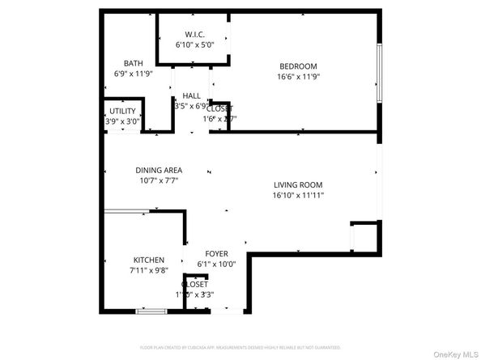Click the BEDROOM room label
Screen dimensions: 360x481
click(x=298, y=66)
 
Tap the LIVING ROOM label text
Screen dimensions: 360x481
click(x=298, y=184)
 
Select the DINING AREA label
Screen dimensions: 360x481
click(x=159, y=170)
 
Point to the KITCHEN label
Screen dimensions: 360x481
click(x=149, y=260)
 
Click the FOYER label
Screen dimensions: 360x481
click(x=216, y=253)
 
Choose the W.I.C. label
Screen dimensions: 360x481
click(x=194, y=34)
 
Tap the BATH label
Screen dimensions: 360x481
click(x=134, y=63)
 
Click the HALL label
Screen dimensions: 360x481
click(x=192, y=95)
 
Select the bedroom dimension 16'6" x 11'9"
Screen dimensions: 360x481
click(x=298, y=78)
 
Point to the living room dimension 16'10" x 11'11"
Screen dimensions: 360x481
click(x=298, y=195)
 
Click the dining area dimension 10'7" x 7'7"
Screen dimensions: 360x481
click(x=159, y=181)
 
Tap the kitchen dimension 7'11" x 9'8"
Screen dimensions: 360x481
click(x=149, y=271)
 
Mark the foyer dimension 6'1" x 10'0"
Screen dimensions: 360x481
click(x=216, y=264)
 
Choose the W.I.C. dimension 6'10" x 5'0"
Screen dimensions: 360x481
click(x=194, y=44)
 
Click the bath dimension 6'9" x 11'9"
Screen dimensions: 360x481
click(x=134, y=74)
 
